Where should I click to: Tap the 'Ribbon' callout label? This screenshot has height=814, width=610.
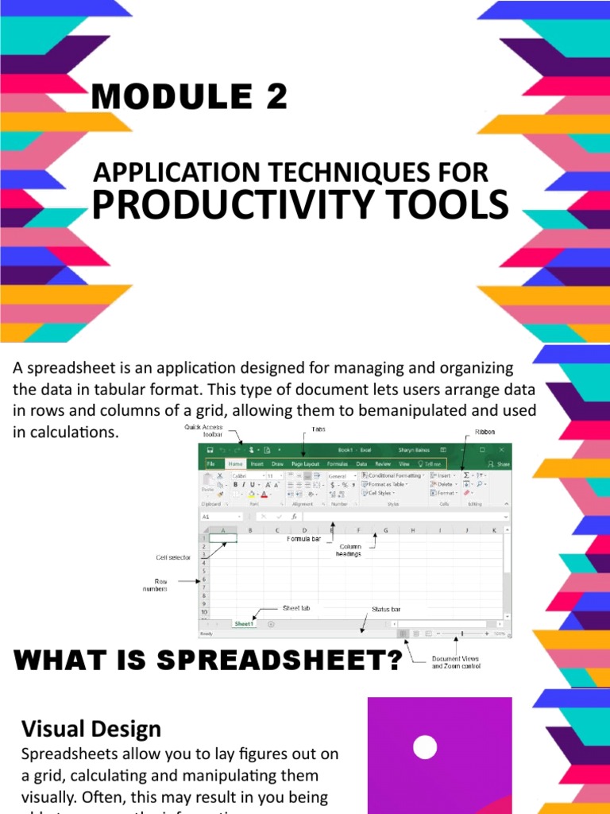point(485,432)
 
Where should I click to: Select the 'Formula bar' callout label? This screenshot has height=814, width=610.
point(304,538)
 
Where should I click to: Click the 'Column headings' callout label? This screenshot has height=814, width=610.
point(350,550)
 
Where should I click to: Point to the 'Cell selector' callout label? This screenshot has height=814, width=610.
point(173,558)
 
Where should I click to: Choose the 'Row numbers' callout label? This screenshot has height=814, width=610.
point(155,585)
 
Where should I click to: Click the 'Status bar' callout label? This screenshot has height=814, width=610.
point(386,610)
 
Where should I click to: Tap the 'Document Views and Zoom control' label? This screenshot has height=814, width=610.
point(455,662)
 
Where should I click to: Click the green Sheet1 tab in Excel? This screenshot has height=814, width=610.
point(244,624)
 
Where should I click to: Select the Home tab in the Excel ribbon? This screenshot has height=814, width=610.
point(235,463)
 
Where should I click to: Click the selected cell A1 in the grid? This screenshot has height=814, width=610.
point(223,538)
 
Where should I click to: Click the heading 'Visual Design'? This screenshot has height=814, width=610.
point(91,729)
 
